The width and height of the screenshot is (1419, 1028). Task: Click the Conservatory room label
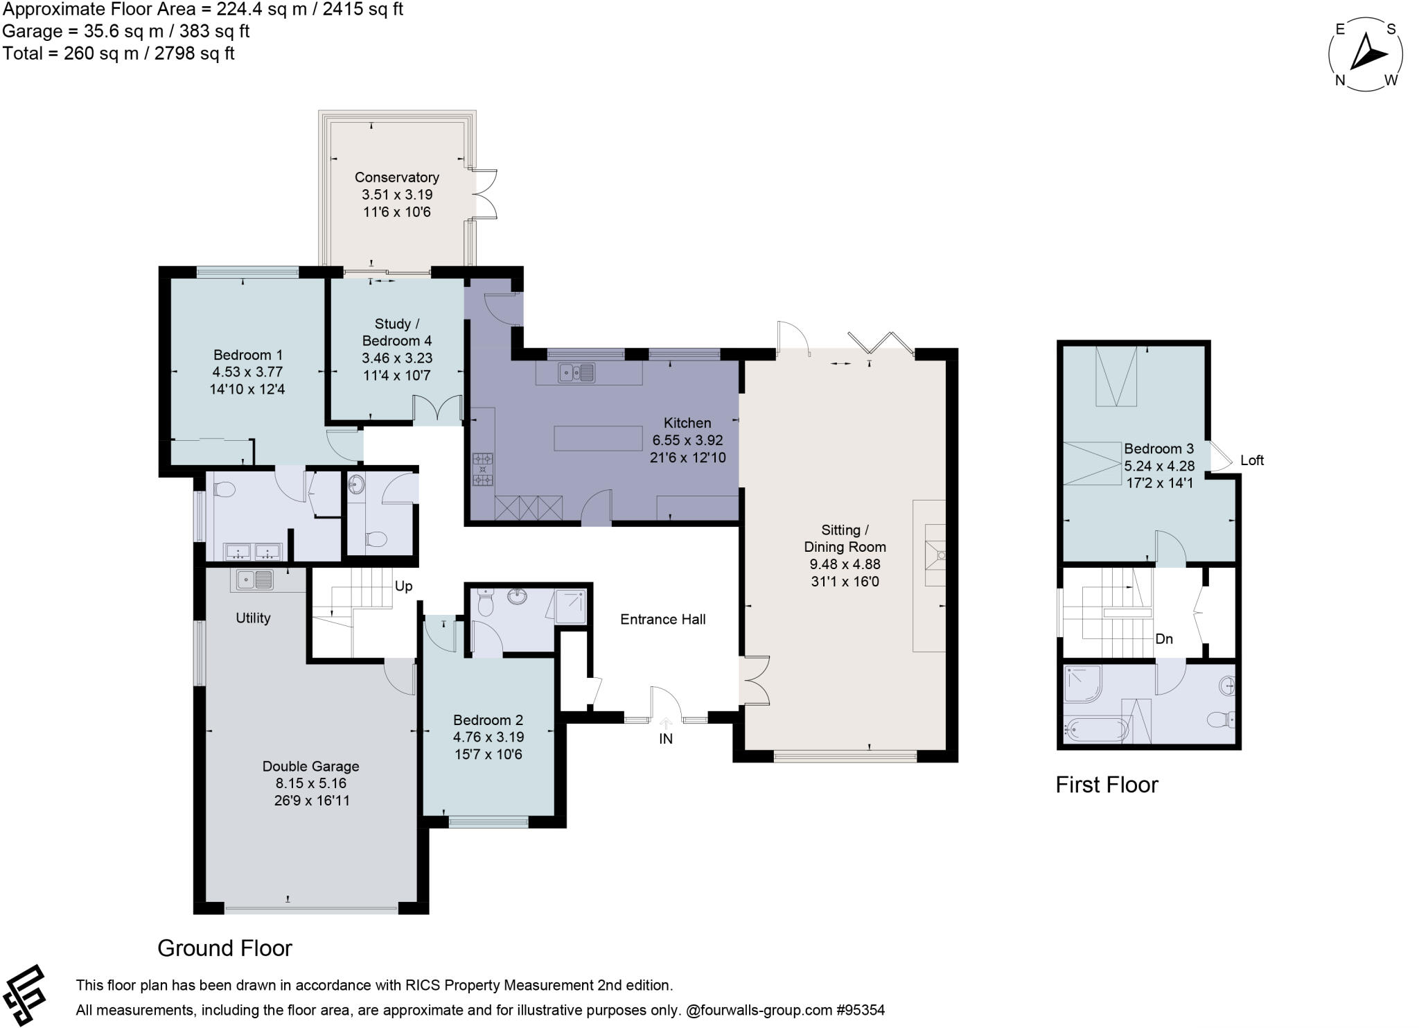[396, 177]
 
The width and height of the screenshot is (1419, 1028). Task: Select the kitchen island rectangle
[598, 438]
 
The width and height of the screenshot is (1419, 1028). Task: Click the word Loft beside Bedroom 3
[1251, 460]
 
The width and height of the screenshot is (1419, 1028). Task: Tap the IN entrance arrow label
[665, 739]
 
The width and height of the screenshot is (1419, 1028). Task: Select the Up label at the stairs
[403, 586]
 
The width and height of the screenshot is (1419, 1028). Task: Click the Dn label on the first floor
[1163, 639]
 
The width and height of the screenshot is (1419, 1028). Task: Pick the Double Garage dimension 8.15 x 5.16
[310, 783]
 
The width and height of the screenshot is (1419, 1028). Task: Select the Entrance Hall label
[662, 620]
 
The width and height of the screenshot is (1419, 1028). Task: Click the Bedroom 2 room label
[488, 720]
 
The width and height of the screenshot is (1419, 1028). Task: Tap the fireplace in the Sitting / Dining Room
[935, 555]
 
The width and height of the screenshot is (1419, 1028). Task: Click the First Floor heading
[1106, 785]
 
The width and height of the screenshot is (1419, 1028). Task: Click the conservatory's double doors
[483, 193]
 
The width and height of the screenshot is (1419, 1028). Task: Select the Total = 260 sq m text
[118, 53]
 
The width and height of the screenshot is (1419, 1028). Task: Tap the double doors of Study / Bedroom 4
[437, 410]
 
